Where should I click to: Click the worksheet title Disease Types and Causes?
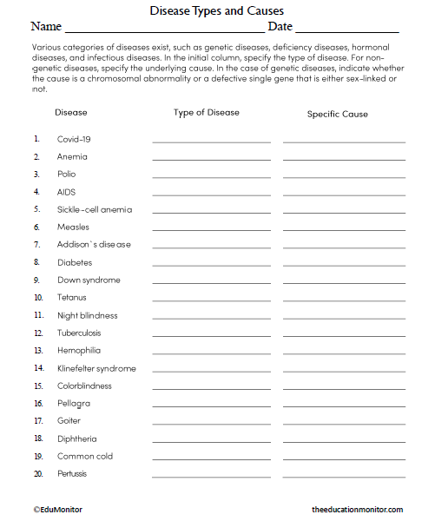(217, 11)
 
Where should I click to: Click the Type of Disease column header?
(206, 113)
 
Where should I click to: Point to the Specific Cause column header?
(337, 114)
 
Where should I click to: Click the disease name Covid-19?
(74, 139)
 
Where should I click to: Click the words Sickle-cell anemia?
(95, 209)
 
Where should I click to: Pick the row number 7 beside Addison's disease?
(36, 245)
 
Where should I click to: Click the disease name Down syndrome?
(89, 280)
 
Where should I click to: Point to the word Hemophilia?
(78, 351)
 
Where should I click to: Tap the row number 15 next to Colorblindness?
(38, 386)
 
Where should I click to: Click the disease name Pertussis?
(72, 474)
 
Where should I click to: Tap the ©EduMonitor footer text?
(57, 510)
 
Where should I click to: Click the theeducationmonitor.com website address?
(357, 510)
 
